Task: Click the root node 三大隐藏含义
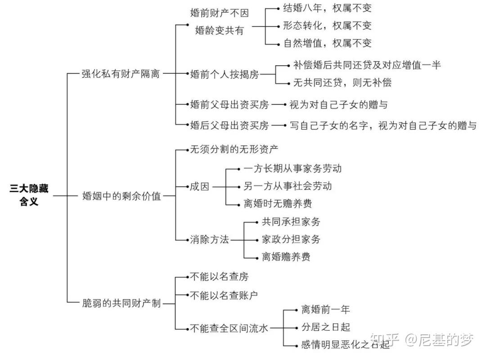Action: [29, 195]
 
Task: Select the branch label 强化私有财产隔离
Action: [121, 74]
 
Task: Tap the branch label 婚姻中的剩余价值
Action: [121, 196]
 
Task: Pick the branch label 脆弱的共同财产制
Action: [121, 303]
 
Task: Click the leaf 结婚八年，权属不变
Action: [327, 8]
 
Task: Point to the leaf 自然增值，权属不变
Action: [327, 43]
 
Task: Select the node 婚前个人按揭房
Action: [225, 74]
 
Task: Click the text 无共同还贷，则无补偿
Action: [342, 82]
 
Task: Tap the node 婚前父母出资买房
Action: [229, 104]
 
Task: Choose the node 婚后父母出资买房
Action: [229, 125]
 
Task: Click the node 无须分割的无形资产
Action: [234, 149]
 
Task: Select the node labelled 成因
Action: [200, 187]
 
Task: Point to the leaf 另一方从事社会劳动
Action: [288, 186]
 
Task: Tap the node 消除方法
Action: [210, 239]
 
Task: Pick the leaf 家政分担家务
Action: [291, 239]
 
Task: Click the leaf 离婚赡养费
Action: [286, 257]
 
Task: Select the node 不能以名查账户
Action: [224, 296]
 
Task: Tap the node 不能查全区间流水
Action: [229, 328]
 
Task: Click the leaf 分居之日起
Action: [326, 327]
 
